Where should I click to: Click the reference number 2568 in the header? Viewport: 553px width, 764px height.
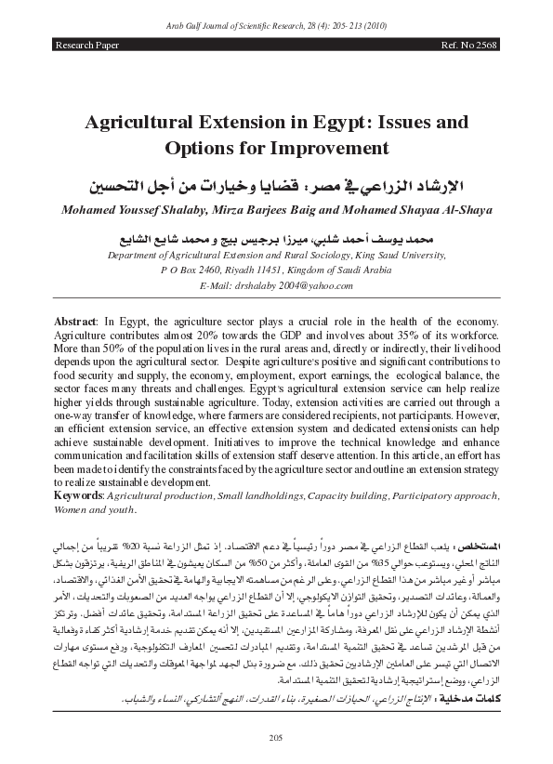coord(481,45)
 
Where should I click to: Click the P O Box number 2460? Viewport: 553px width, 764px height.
coord(214,268)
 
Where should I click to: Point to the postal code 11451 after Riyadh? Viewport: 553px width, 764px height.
coord(293,268)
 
